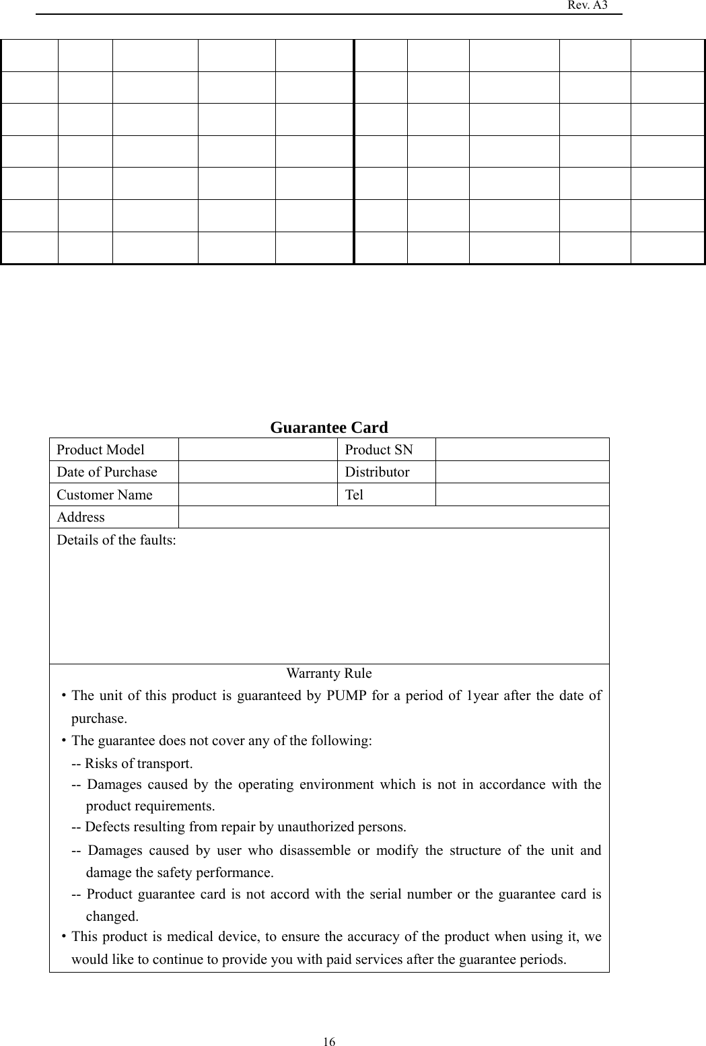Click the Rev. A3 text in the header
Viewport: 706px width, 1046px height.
(x=587, y=5)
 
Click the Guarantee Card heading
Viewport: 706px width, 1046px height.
(x=329, y=427)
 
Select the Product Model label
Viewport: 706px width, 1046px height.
(x=100, y=450)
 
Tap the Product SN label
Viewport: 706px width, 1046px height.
(x=379, y=450)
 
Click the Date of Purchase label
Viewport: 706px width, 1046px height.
(x=106, y=472)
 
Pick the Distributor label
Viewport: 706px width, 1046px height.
(x=377, y=472)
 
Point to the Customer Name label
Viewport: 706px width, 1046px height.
(x=104, y=495)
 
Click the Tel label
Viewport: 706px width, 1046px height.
(x=354, y=495)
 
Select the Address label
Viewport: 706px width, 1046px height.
(x=81, y=517)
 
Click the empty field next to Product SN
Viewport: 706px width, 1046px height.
(x=522, y=450)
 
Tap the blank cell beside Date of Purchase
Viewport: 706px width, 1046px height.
(x=258, y=472)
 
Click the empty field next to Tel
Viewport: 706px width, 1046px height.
(x=522, y=495)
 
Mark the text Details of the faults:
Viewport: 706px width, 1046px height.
(x=116, y=540)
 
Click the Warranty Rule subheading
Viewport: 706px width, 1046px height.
(x=329, y=673)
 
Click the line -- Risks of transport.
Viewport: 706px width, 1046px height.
(x=132, y=763)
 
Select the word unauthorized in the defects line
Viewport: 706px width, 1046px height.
(x=316, y=827)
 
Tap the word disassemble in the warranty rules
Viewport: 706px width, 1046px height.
(x=315, y=850)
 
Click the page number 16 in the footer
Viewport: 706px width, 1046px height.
(x=329, y=1042)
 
